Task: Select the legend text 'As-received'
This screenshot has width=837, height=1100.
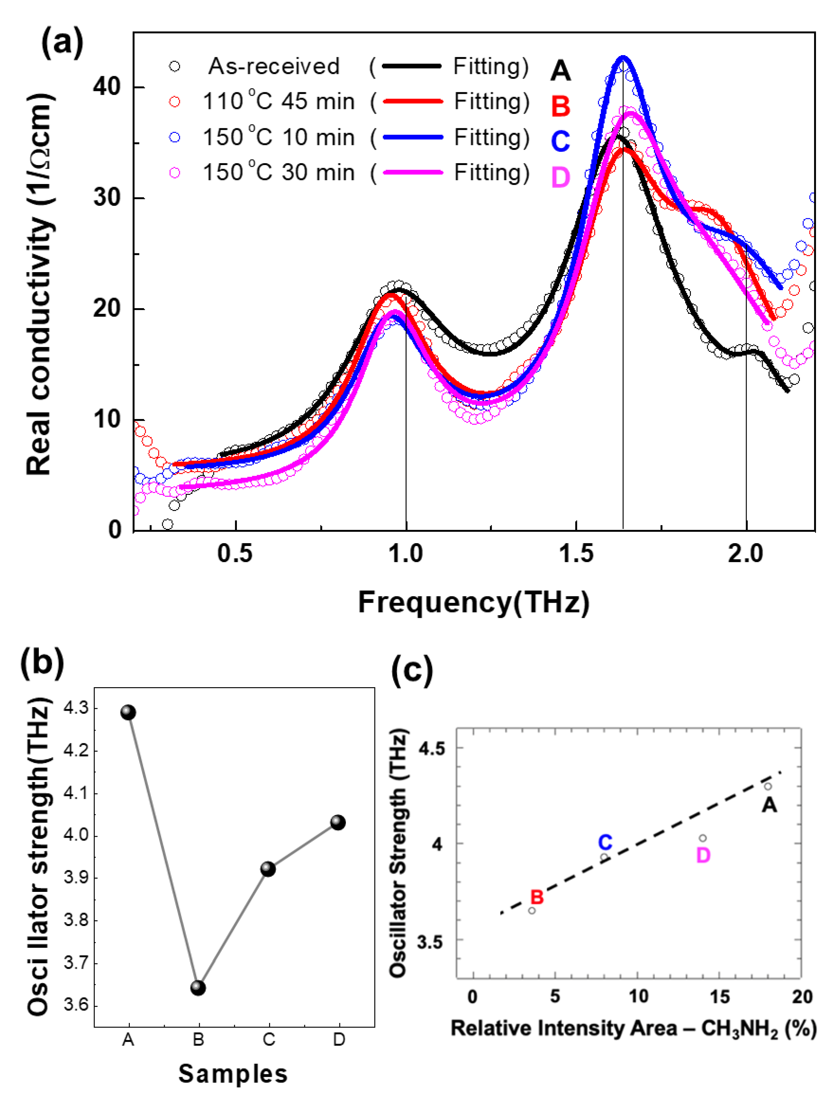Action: coord(274,66)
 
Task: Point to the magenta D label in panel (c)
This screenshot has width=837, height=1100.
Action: coord(703,855)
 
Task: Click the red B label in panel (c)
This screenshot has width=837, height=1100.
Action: coord(537,897)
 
